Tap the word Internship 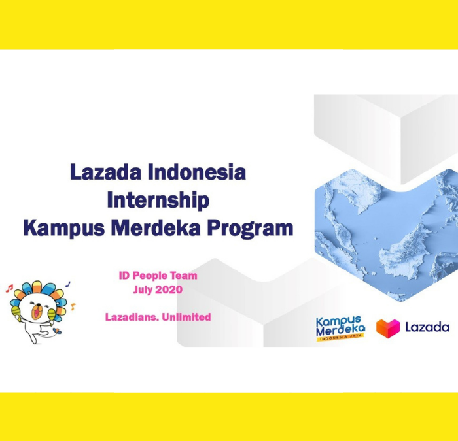[x=158, y=201]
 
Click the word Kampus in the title [x=64, y=229]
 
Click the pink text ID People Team [x=158, y=276]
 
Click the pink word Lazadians [x=132, y=317]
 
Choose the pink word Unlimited [x=186, y=317]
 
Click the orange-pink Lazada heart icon [x=387, y=329]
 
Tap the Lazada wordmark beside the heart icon [x=427, y=327]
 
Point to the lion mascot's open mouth [x=37, y=313]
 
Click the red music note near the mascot [x=10, y=288]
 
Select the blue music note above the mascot [x=68, y=284]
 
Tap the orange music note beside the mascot [x=73, y=306]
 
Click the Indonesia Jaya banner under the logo [x=341, y=338]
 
